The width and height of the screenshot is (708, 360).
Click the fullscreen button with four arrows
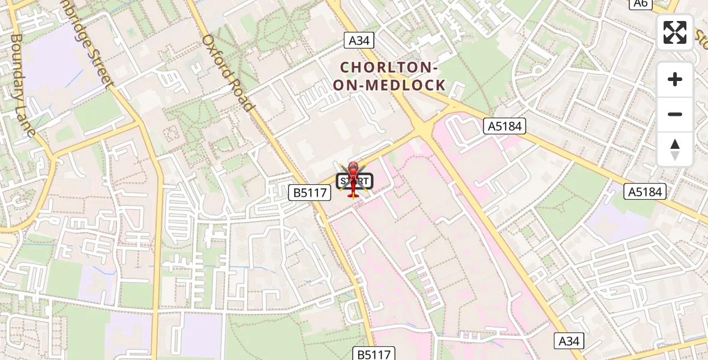pos(675,32)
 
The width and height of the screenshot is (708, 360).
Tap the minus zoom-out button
pos(675,114)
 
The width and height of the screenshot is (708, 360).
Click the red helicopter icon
pos(353,178)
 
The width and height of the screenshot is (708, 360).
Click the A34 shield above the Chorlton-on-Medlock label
pos(359,40)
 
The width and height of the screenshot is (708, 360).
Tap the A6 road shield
pos(640,4)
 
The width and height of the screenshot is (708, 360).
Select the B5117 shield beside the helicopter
pos(310,193)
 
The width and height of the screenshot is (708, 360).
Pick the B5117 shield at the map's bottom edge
pos(374,354)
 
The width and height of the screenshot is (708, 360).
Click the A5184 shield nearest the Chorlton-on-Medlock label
pos(505,126)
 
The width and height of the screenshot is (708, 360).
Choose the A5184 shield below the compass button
pos(646,192)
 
